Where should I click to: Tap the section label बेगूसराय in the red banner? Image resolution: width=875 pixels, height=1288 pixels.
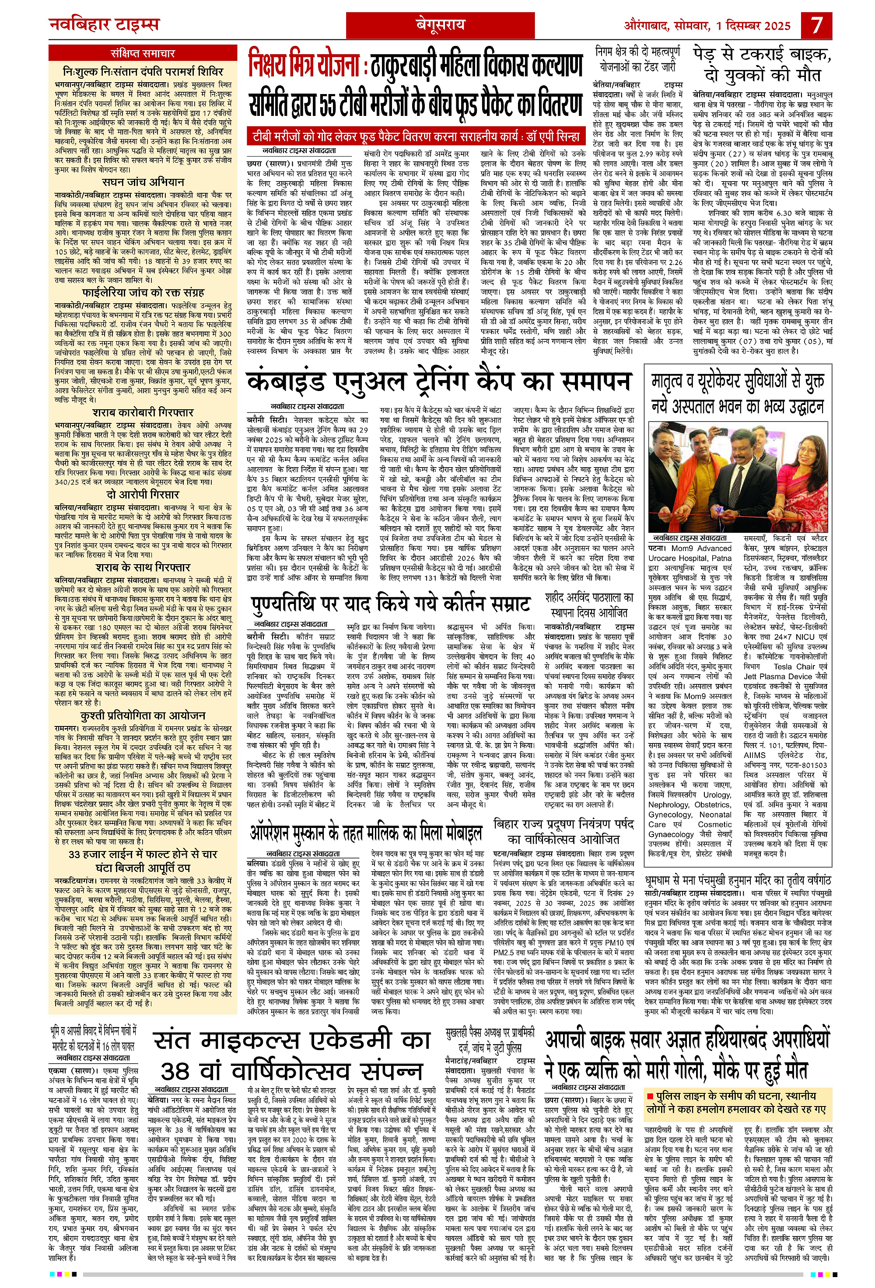(441, 25)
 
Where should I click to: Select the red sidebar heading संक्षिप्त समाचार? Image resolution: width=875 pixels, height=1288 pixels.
(143, 54)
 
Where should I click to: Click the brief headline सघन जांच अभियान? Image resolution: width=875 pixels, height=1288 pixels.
(143, 182)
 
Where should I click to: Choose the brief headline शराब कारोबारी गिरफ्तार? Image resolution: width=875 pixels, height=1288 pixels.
(143, 412)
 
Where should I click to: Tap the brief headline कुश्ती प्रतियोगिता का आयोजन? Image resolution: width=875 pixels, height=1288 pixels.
(143, 716)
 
